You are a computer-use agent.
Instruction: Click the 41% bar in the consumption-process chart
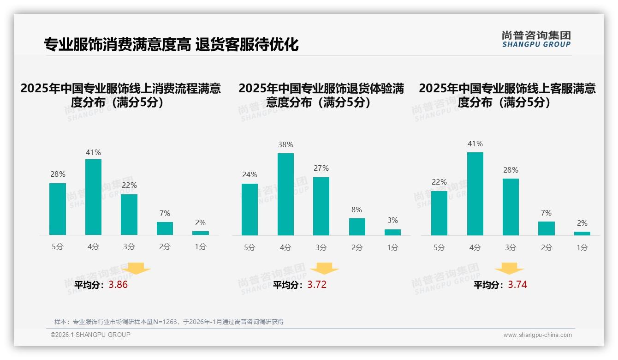pyautogui.click(x=93, y=197)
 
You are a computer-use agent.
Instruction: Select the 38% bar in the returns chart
pyautogui.click(x=285, y=194)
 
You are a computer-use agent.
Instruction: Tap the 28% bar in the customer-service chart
pyautogui.click(x=511, y=207)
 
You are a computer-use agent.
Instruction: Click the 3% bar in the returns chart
pyautogui.click(x=392, y=232)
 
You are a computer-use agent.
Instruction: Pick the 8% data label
pyautogui.click(x=357, y=210)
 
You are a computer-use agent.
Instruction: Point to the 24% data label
pyautogui.click(x=250, y=175)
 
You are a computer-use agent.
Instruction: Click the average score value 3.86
pyautogui.click(x=118, y=285)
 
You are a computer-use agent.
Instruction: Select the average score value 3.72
pyautogui.click(x=317, y=285)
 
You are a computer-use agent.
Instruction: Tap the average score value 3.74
pyautogui.click(x=517, y=285)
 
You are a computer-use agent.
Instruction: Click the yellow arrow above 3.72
pyautogui.click(x=324, y=269)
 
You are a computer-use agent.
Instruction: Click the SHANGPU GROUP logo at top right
pyautogui.click(x=536, y=39)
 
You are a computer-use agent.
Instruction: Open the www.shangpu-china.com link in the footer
pyautogui.click(x=537, y=335)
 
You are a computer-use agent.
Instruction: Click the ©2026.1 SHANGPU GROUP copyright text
pyautogui.click(x=90, y=335)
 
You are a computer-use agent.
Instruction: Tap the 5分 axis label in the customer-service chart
pyautogui.click(x=439, y=247)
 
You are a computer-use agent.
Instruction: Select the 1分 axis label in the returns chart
pyautogui.click(x=392, y=247)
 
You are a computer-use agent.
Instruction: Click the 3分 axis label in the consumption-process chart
pyautogui.click(x=129, y=247)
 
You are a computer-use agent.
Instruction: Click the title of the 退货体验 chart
pyautogui.click(x=321, y=95)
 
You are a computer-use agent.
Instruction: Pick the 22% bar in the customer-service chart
pyautogui.click(x=439, y=213)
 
